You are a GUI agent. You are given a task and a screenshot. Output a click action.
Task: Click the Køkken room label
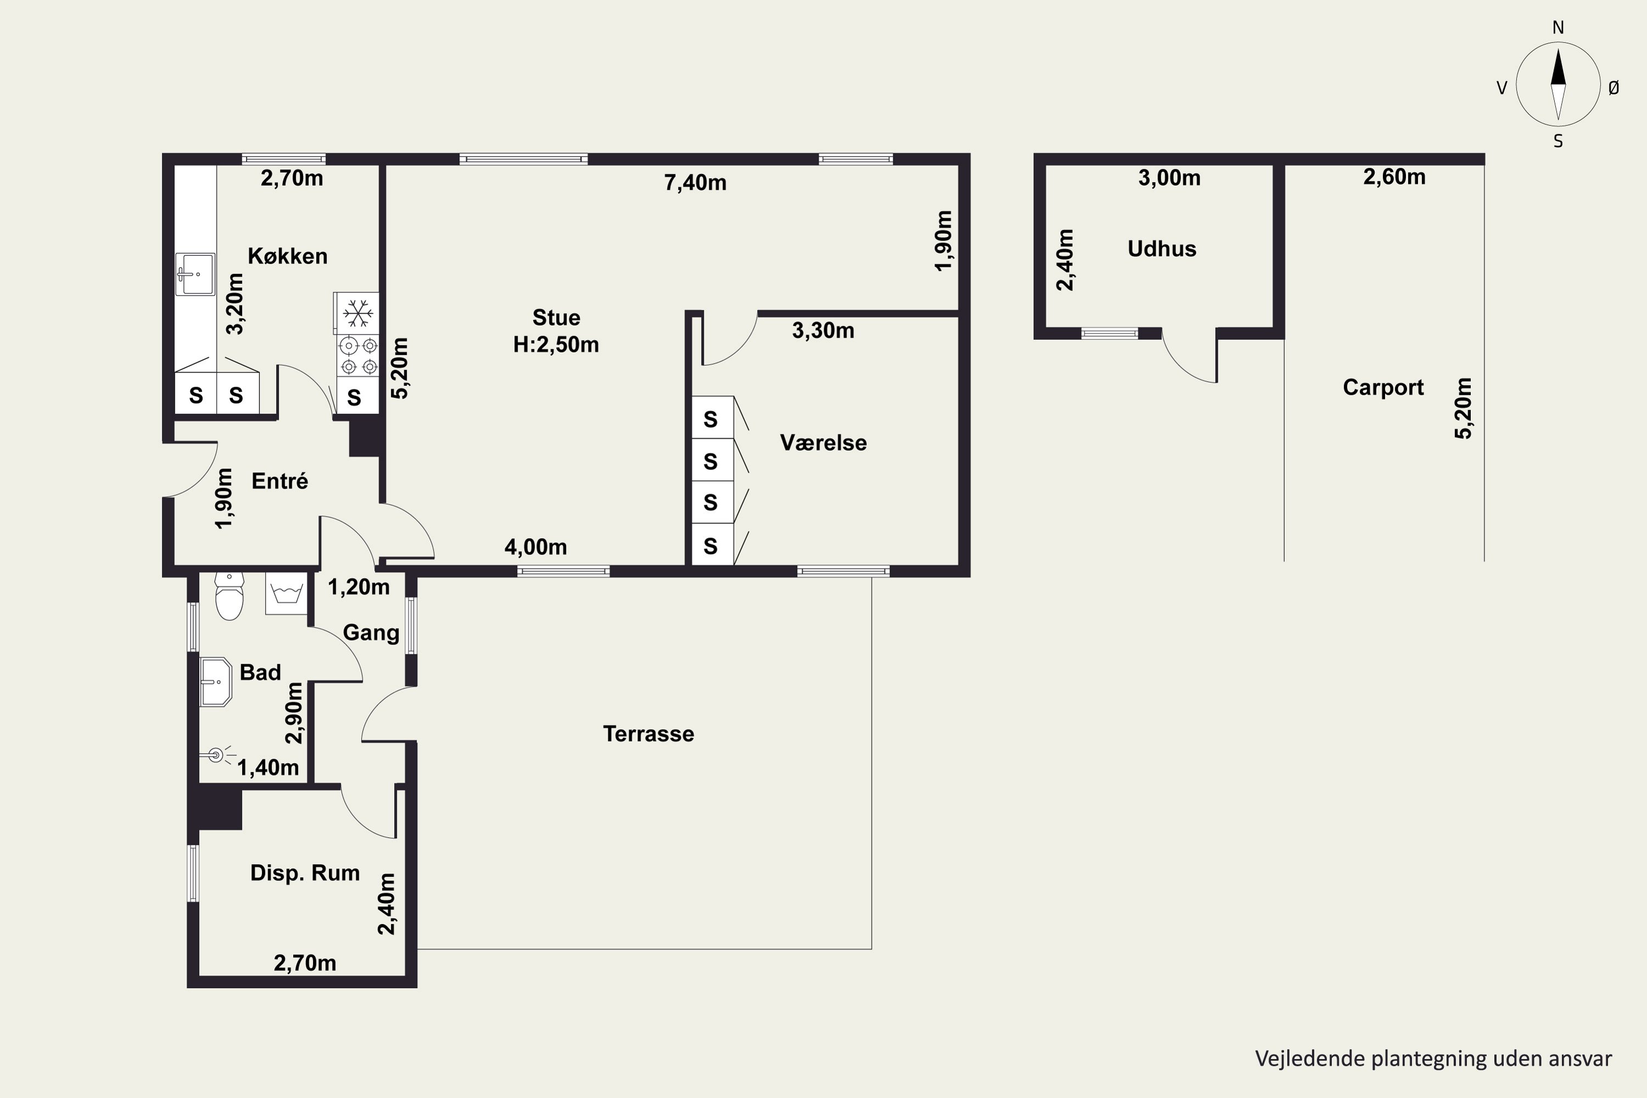click(x=288, y=256)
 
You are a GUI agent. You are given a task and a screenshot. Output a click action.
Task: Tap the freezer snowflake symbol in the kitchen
click(x=358, y=313)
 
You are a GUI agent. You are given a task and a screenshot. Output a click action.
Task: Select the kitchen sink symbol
click(x=195, y=274)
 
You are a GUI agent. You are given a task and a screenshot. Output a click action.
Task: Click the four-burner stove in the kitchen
click(x=358, y=356)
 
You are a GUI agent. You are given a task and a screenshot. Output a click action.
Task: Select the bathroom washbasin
click(x=216, y=681)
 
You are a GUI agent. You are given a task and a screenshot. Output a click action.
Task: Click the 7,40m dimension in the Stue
click(x=696, y=183)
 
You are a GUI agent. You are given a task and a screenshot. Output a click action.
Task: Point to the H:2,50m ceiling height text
click(x=556, y=345)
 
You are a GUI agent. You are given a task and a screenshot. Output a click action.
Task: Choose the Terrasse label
click(x=648, y=734)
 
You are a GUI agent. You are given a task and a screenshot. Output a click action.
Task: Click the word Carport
click(x=1383, y=387)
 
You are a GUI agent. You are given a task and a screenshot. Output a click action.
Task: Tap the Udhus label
click(x=1162, y=249)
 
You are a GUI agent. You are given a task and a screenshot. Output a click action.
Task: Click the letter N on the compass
click(x=1558, y=27)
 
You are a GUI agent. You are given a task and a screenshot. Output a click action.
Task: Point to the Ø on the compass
click(x=1614, y=87)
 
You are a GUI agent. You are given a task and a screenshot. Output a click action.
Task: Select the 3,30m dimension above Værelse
click(x=823, y=330)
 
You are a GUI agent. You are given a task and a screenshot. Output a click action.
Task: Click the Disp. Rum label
click(x=305, y=872)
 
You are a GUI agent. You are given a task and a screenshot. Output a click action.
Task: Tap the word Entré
click(x=279, y=480)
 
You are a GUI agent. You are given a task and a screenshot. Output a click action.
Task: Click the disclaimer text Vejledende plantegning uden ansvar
click(x=1433, y=1058)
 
